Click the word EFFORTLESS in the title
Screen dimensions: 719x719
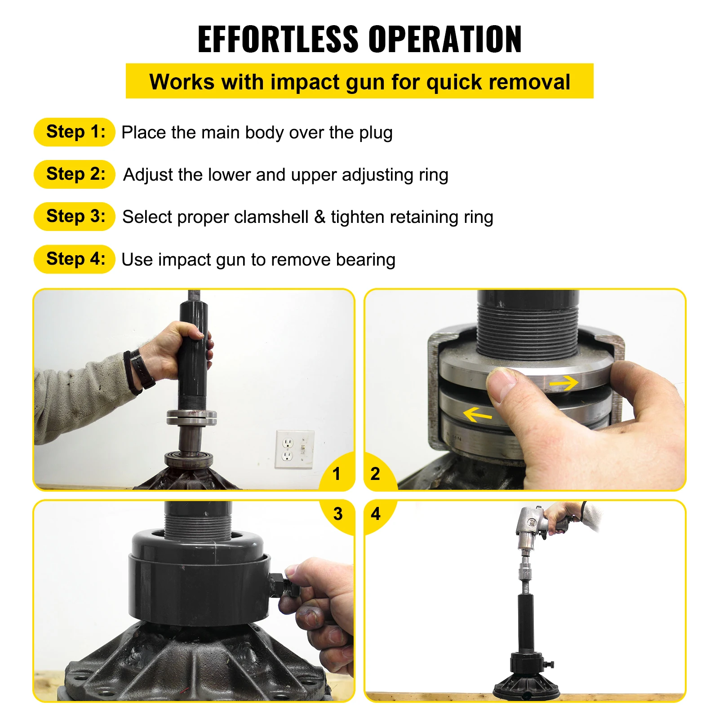click(278, 40)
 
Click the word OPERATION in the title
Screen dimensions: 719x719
click(445, 40)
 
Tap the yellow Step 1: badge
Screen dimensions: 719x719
click(75, 132)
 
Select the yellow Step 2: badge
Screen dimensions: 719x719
click(75, 174)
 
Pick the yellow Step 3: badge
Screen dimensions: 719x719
click(75, 217)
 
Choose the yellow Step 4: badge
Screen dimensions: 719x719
click(75, 259)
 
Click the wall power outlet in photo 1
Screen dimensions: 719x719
click(294, 449)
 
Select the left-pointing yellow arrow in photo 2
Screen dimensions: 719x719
click(477, 414)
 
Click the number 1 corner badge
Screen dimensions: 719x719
click(337, 474)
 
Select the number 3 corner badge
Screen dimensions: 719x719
click(338, 514)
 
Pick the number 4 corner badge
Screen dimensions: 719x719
click(376, 514)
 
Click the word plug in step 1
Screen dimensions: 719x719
click(376, 133)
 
